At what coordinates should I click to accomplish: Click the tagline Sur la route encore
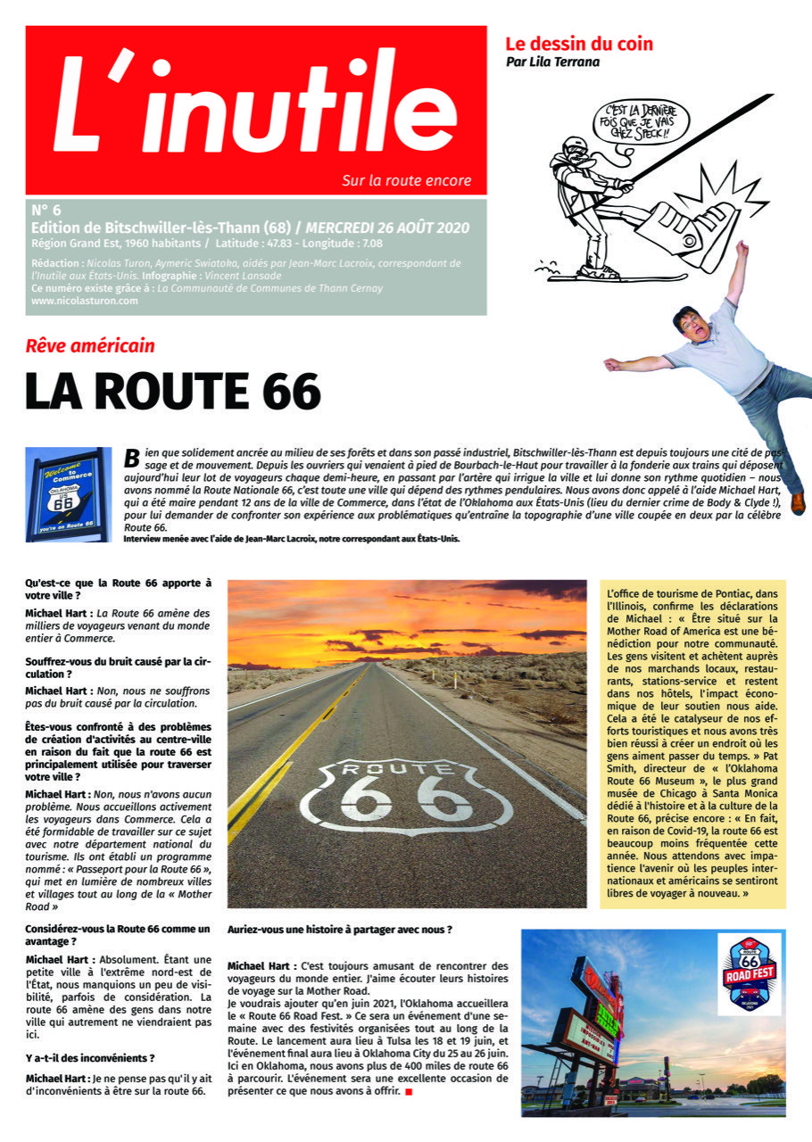(406, 180)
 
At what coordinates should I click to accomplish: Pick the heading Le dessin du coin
(579, 43)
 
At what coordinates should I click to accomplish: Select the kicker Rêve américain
(90, 346)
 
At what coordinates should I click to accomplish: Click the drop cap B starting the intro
(131, 457)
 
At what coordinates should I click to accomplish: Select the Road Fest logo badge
(749, 973)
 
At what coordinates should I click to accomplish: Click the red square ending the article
(409, 1091)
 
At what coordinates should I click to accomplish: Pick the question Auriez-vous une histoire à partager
(339, 929)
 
